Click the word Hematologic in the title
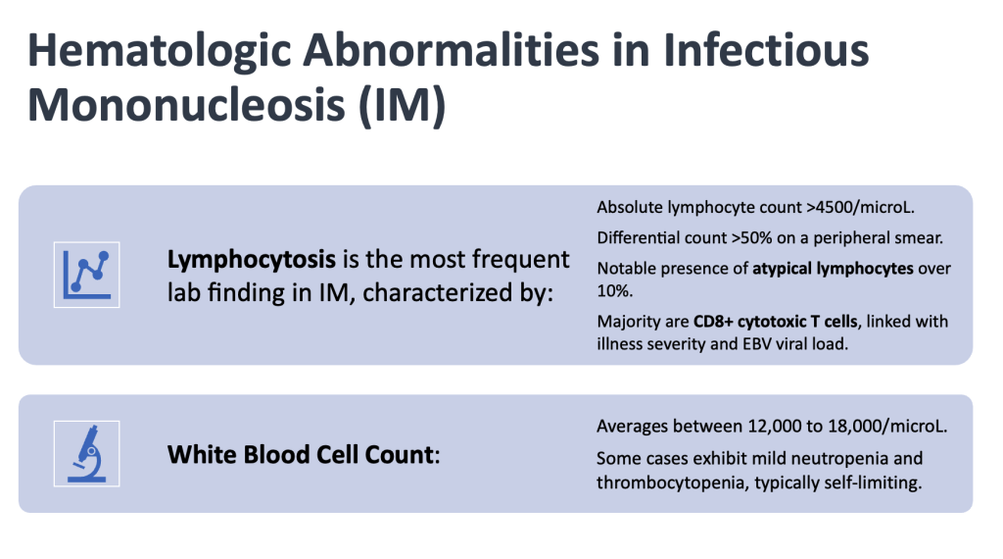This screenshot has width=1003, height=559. click(x=160, y=51)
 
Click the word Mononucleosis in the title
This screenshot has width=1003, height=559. click(x=186, y=104)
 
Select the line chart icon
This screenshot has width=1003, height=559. click(x=86, y=275)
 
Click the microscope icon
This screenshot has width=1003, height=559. click(x=86, y=453)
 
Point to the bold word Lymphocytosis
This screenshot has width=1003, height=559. click(x=252, y=260)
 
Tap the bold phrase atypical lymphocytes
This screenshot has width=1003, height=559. click(x=833, y=269)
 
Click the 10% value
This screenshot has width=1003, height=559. click(x=615, y=291)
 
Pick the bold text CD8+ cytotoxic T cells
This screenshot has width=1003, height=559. click(x=776, y=322)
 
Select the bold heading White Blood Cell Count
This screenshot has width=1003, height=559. click(x=302, y=455)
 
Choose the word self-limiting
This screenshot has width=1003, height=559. click(x=873, y=483)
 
